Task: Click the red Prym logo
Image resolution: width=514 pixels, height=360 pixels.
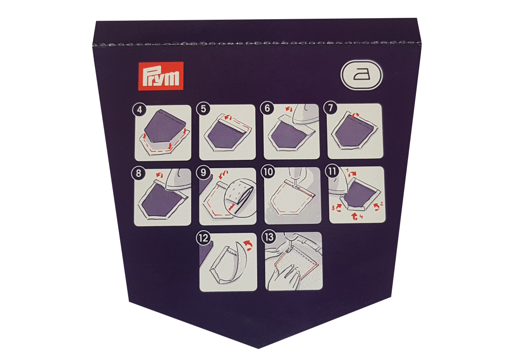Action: click(x=160, y=76)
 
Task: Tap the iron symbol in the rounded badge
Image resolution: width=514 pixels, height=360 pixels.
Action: click(x=362, y=74)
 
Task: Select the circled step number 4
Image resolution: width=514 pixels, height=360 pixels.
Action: click(x=139, y=109)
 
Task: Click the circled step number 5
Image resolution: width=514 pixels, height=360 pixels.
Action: click(x=203, y=108)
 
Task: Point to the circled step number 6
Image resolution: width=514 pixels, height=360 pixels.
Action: click(x=267, y=108)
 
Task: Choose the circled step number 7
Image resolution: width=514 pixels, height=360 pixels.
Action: click(x=330, y=108)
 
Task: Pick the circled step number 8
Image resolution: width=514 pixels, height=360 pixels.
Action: click(x=138, y=173)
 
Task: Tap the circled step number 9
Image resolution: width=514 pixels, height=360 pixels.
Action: click(x=203, y=172)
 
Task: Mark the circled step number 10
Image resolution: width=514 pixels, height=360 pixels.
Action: click(x=268, y=172)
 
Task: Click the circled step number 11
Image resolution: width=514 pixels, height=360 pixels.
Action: click(x=332, y=171)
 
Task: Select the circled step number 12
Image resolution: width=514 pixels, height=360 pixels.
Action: click(x=204, y=238)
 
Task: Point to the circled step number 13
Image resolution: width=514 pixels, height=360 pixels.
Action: click(x=269, y=237)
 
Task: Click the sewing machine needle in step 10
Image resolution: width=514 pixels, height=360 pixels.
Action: click(x=295, y=182)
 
